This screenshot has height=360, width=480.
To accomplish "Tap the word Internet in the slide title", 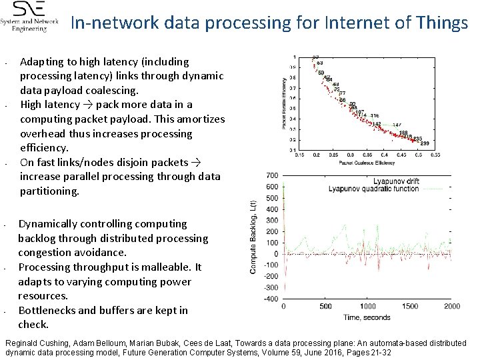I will tap(351, 23).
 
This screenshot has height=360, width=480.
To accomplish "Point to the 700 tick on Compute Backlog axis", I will tap(272, 175).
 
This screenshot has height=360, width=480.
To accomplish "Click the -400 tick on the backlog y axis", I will tap(271, 299).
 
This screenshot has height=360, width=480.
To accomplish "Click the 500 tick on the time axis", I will tap(325, 307).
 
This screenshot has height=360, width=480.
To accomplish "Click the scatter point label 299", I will tap(425, 144).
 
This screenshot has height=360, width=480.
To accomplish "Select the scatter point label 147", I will tap(397, 125).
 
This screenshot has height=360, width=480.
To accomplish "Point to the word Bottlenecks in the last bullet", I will tap(47, 310).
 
